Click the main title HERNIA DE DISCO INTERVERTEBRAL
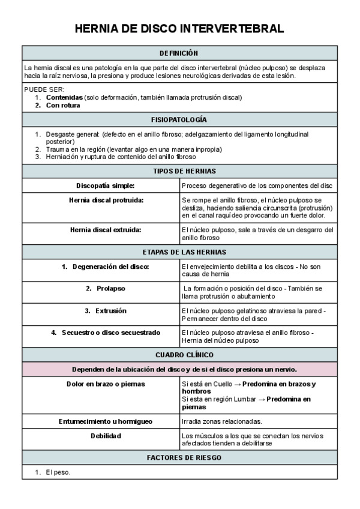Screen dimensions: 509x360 coord(179,29)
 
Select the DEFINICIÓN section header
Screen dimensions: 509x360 coord(179,53)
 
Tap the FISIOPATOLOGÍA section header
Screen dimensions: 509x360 coord(179,120)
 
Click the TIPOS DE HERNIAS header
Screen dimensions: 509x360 coord(179,171)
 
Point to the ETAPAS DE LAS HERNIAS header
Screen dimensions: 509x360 coord(179,252)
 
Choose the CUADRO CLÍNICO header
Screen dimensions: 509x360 coord(179,355)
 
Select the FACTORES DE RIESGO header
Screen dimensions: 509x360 coord(179,457)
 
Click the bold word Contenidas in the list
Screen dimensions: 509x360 coord(64,97)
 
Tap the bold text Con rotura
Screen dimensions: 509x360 coord(63,105)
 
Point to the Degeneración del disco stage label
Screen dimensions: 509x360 coord(106,267)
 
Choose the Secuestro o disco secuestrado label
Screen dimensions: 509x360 coord(106,333)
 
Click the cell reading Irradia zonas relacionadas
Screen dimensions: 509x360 coord(221,421)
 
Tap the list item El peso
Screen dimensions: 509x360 coord(58,472)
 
